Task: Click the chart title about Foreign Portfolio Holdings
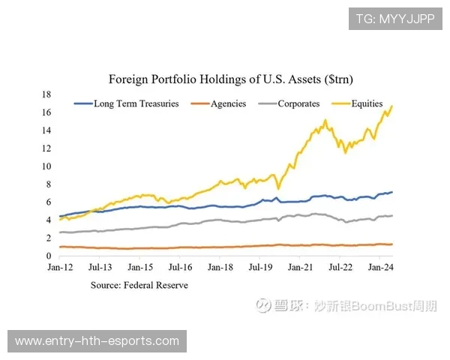(x=231, y=79)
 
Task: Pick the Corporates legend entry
(x=298, y=103)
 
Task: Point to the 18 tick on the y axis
(x=46, y=94)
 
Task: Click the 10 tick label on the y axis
(x=46, y=166)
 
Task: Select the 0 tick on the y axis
(x=49, y=256)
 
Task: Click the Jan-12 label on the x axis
(x=59, y=266)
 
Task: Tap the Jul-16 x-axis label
(x=180, y=266)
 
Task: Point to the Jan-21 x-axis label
(x=300, y=266)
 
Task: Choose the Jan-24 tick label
(x=380, y=266)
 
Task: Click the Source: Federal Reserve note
(x=139, y=285)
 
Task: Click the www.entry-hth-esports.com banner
(x=97, y=341)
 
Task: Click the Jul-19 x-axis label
(x=260, y=266)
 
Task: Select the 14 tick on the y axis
(x=46, y=130)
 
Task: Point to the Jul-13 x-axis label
(x=100, y=266)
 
